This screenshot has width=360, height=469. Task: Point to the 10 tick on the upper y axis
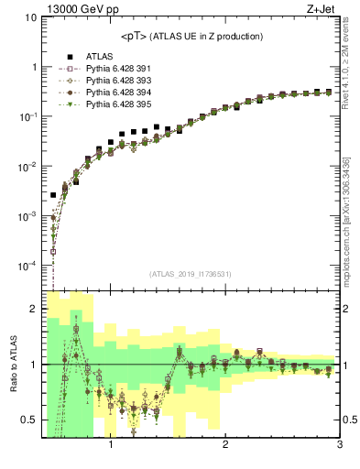(x=30, y=17)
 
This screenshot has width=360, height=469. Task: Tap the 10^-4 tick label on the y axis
(x=27, y=266)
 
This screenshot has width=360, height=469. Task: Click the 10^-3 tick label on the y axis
(x=27, y=216)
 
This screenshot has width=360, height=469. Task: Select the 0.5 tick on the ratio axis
(x=28, y=420)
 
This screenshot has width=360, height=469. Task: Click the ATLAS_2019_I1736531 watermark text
(x=191, y=274)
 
